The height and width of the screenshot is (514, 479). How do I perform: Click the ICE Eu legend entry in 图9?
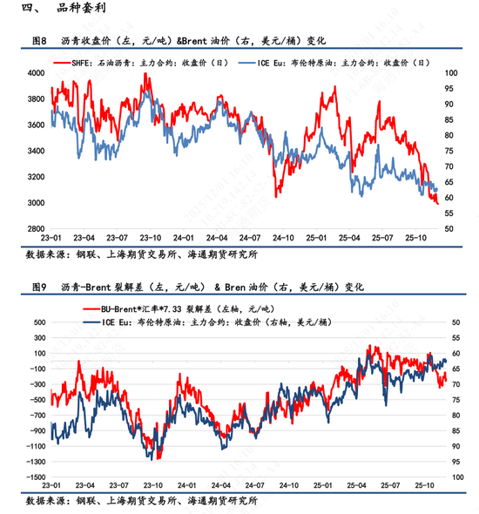point(183,321)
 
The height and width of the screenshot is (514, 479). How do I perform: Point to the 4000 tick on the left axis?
point(35,73)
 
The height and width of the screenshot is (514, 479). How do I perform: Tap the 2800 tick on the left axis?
point(35,229)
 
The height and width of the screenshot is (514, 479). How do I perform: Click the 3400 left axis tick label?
point(35,152)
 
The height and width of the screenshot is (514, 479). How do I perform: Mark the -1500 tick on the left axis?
point(33,477)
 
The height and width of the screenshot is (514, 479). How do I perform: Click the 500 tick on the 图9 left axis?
point(37,322)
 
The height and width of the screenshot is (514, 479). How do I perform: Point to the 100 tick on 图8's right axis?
point(450,73)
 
